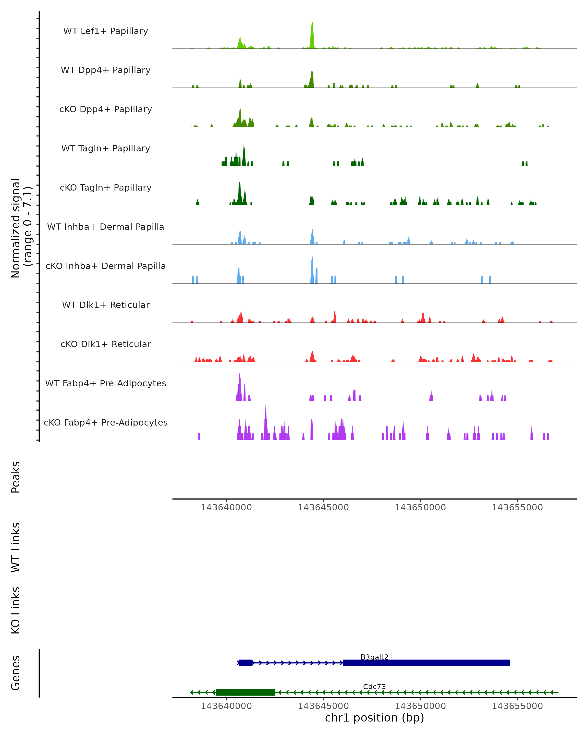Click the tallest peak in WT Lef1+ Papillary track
(312, 34)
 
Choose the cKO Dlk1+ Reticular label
(106, 344)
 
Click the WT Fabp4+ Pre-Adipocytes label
(106, 383)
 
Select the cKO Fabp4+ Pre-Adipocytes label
(106, 423)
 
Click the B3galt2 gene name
(374, 657)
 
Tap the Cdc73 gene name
(374, 686)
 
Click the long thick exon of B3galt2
(426, 663)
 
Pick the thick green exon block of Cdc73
(245, 692)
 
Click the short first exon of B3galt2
(246, 663)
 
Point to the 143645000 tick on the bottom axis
(323, 706)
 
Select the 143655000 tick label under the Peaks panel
(517, 508)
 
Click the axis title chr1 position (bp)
(374, 718)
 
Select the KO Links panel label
(16, 611)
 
